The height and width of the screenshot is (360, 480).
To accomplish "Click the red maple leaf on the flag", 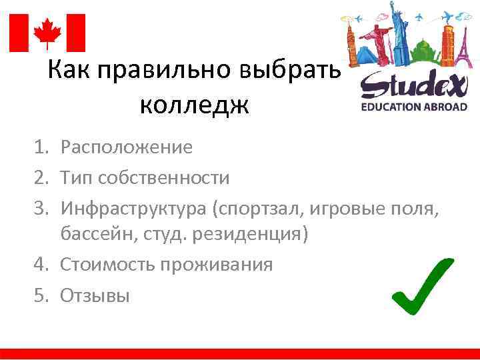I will click(x=47, y=32).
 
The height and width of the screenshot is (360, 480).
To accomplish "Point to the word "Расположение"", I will click(x=126, y=147).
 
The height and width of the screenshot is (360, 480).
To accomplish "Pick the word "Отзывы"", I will click(x=95, y=294).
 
